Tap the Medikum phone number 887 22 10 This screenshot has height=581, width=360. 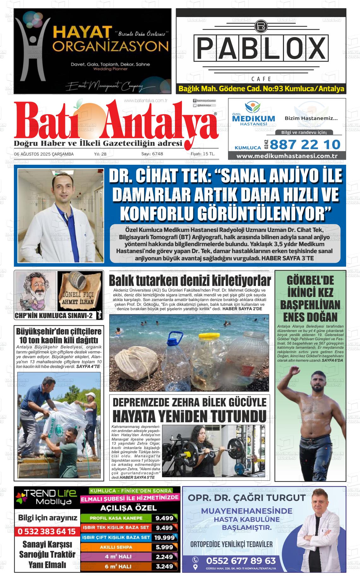[x=305, y=145]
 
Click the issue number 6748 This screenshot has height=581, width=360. [x=157, y=154]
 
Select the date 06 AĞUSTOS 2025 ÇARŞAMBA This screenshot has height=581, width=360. [x=44, y=154]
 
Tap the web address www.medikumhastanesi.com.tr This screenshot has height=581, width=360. [x=287, y=156]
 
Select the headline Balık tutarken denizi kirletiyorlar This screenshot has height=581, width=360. [x=189, y=281]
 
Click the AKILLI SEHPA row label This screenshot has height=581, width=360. [x=116, y=547]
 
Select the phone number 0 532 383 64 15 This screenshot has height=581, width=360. [x=46, y=531]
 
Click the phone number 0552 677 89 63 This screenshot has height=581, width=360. [x=241, y=560]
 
